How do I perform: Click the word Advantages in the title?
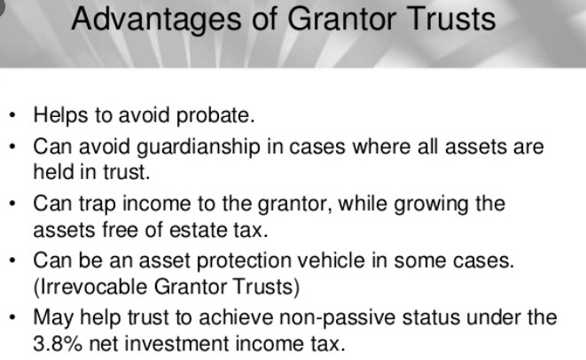pos(157,20)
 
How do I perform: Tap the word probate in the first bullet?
pos(215,115)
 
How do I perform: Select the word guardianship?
pos(198,147)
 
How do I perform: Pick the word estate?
pos(198,230)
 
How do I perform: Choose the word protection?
pos(244,261)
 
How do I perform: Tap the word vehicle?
pos(331,260)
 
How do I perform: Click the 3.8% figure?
pos(58,344)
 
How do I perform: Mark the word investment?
pos(176,344)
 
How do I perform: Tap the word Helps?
pos(60,115)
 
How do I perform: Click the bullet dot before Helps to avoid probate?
pos(12,115)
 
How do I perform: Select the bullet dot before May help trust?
pos(12,318)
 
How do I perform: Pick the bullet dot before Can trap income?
pos(12,205)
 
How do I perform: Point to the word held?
pos(53,172)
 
